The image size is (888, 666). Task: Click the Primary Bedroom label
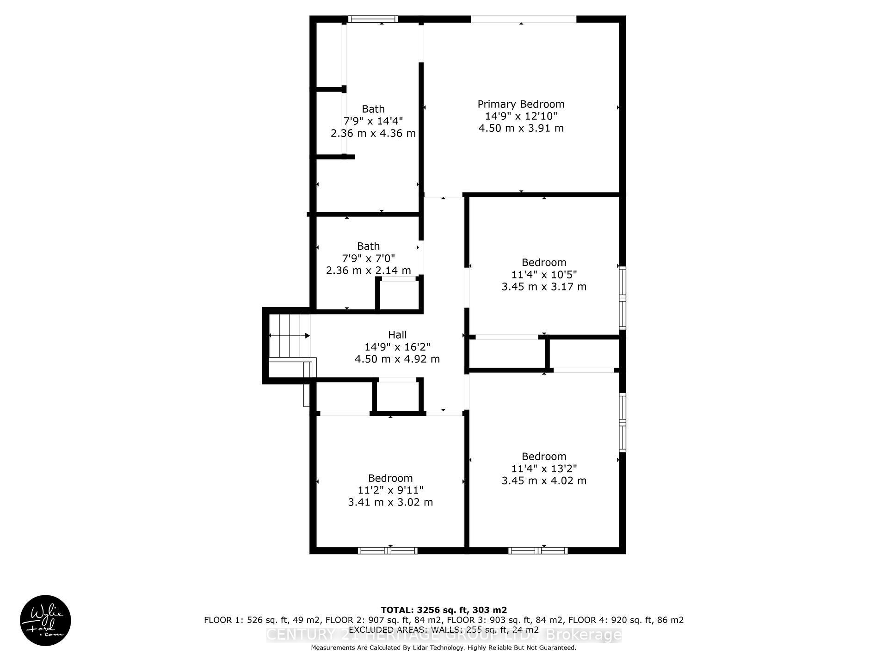pyautogui.click(x=521, y=104)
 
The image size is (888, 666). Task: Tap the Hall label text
pyautogui.click(x=397, y=334)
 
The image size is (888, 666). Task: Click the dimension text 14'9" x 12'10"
pyautogui.click(x=521, y=116)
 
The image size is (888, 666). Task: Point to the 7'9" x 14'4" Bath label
pyautogui.click(x=373, y=109)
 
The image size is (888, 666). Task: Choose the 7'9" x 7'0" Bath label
pyautogui.click(x=368, y=246)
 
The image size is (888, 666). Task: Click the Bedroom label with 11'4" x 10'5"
pyautogui.click(x=544, y=262)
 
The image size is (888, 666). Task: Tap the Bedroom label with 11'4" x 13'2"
pyautogui.click(x=544, y=456)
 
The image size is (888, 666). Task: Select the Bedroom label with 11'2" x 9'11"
pyautogui.click(x=390, y=478)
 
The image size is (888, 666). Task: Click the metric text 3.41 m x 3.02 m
pyautogui.click(x=390, y=502)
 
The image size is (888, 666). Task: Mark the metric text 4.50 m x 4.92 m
pyautogui.click(x=397, y=359)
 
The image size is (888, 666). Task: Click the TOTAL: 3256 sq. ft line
pyautogui.click(x=444, y=610)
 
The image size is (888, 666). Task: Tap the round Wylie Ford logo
pyautogui.click(x=45, y=620)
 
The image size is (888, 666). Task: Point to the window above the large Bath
pyautogui.click(x=373, y=19)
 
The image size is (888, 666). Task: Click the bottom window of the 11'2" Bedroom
pyautogui.click(x=388, y=550)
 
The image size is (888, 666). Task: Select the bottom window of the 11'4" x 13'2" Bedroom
pyautogui.click(x=538, y=550)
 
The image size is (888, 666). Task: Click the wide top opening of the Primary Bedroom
pyautogui.click(x=524, y=19)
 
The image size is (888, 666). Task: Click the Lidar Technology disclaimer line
pyautogui.click(x=444, y=648)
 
